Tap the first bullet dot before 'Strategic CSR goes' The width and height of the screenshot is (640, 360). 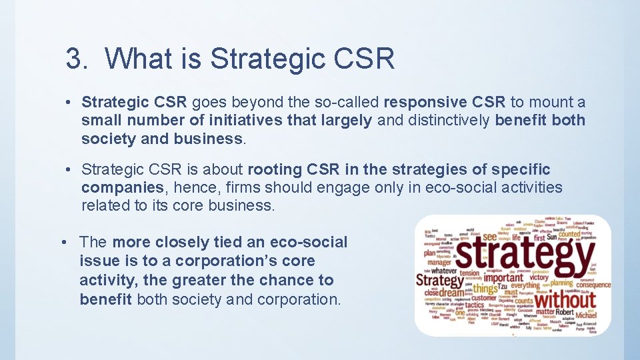tap(69, 102)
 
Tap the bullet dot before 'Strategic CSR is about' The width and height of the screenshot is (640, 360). tap(69, 169)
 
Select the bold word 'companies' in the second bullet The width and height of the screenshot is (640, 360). tap(121, 187)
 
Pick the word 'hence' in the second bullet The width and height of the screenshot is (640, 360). tap(187, 187)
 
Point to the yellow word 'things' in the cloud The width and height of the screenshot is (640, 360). tap(485, 289)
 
